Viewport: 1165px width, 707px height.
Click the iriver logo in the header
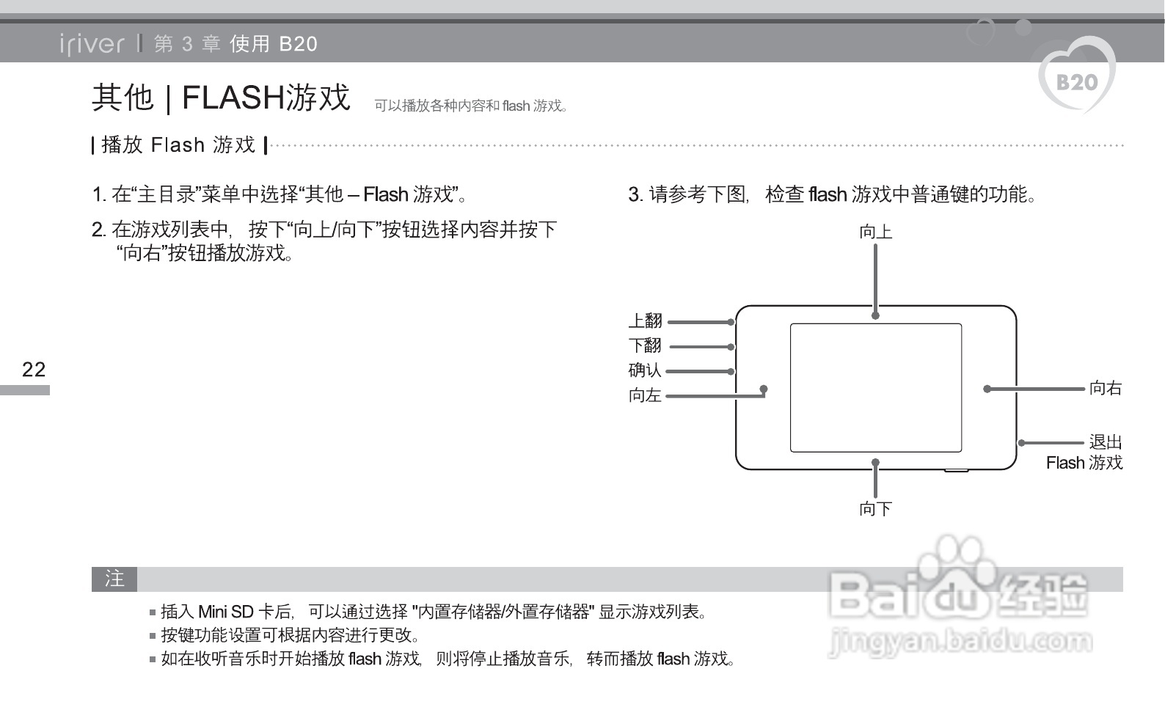(x=92, y=45)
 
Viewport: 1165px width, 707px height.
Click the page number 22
(x=34, y=369)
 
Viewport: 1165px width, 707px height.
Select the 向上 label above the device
(x=875, y=232)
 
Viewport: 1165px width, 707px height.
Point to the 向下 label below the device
(x=875, y=508)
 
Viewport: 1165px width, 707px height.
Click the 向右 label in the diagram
(x=1106, y=388)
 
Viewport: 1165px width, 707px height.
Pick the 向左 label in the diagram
(x=645, y=395)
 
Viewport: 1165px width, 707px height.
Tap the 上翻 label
(x=645, y=320)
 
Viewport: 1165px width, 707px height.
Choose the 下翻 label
(x=645, y=345)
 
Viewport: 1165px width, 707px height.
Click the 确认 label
(x=645, y=370)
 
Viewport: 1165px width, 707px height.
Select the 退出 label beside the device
(x=1106, y=442)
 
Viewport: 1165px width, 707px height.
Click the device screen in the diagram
(x=875, y=387)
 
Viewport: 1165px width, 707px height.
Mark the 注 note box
(x=114, y=579)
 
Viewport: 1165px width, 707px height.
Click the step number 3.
(x=635, y=194)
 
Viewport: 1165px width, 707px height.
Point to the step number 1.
(x=98, y=194)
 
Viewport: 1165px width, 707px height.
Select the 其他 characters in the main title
(x=123, y=97)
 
